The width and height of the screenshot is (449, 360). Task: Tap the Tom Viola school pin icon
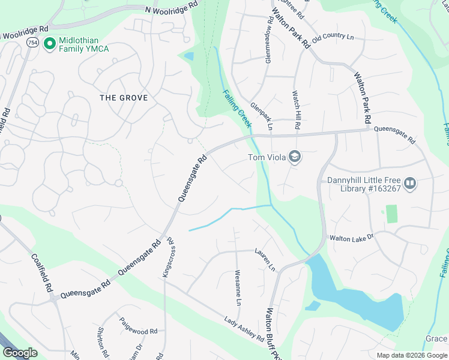pos(295,158)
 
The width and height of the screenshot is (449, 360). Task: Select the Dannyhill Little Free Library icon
pos(410,183)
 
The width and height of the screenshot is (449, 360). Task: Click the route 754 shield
pos(32,42)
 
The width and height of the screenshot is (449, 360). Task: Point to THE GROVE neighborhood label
pos(124,98)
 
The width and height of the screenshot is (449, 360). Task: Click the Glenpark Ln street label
pos(262,116)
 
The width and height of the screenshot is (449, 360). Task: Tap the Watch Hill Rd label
pos(297,110)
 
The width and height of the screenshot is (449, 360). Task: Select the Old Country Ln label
pos(333,37)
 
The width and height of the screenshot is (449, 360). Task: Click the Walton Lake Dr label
pos(351,238)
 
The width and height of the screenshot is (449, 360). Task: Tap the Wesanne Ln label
pos(238,287)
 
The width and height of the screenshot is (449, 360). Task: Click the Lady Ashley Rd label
pos(244,329)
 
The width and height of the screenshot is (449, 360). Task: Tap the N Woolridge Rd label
pos(170,8)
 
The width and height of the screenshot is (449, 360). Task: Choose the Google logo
pos(20,353)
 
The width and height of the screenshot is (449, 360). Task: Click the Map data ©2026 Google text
pos(411,355)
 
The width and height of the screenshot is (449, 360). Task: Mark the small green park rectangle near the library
pos(392,214)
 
